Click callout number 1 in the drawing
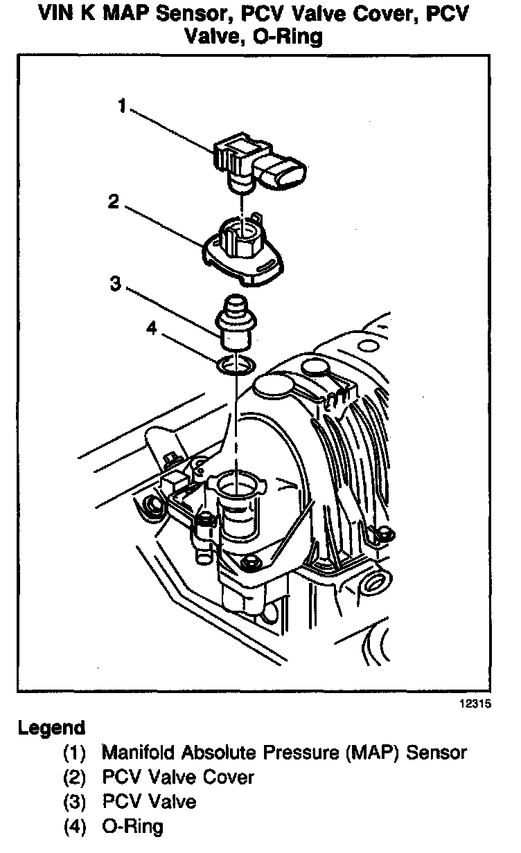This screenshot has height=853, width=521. (122, 106)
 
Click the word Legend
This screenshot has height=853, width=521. (51, 728)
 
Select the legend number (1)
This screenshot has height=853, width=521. (75, 753)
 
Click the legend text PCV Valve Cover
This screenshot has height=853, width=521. (178, 777)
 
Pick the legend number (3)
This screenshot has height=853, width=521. (75, 802)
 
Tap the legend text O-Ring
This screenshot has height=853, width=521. (132, 826)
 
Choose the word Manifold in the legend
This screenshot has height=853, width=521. (135, 753)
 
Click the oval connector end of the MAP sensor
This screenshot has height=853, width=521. (285, 174)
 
